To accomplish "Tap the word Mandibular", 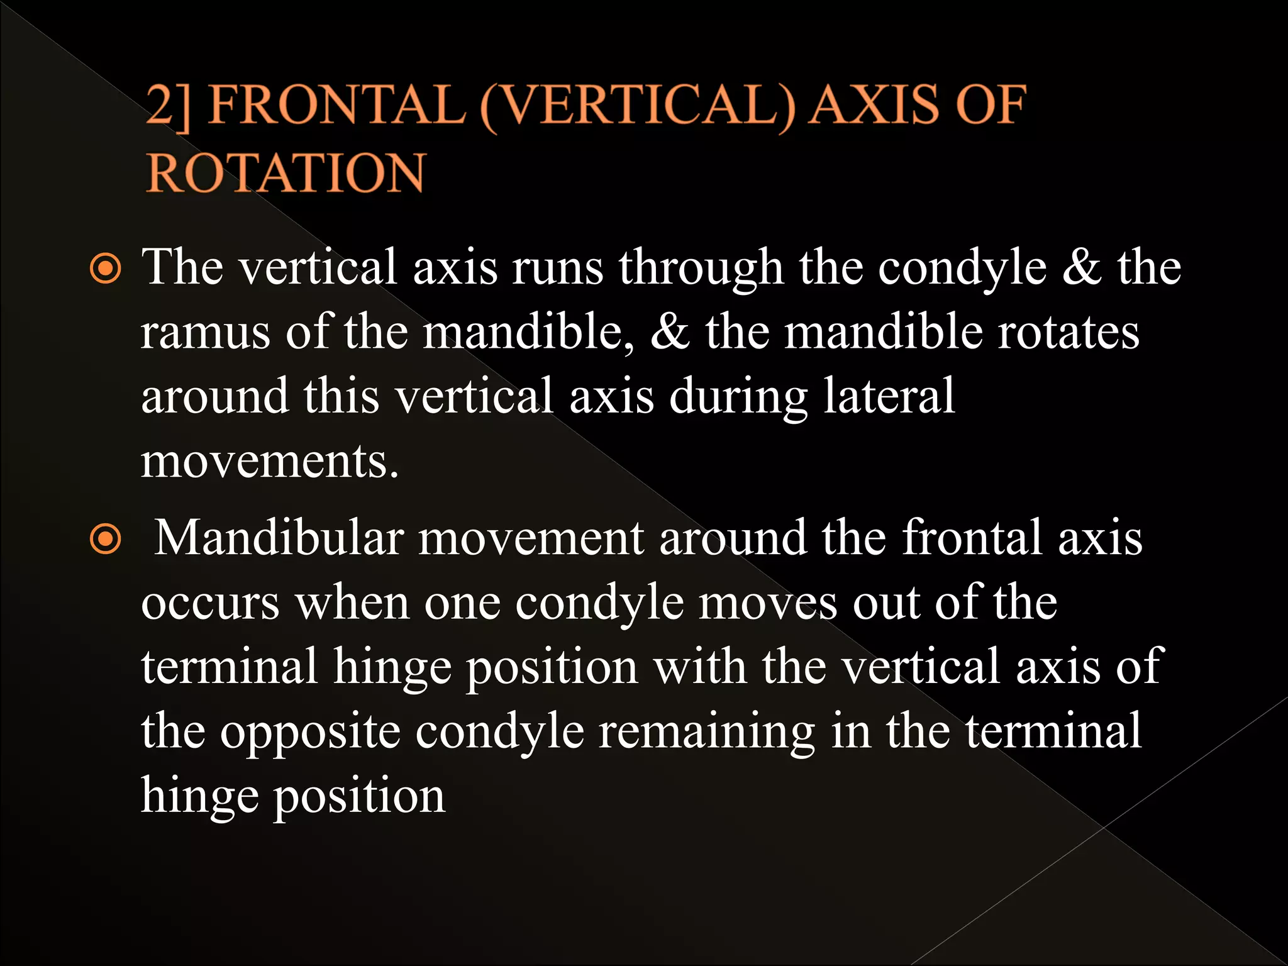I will tap(279, 538).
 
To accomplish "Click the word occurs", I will tap(210, 604).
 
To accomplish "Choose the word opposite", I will tap(310, 731).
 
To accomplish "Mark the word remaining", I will tap(706, 731).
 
